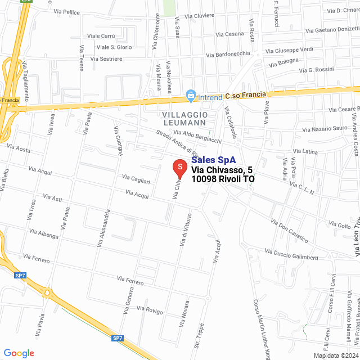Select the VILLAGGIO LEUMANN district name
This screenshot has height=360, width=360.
[x=185, y=119]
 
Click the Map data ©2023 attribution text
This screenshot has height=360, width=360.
[x=336, y=355]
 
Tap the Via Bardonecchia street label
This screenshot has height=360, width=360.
[x=228, y=55]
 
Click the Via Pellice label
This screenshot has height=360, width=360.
[x=66, y=11]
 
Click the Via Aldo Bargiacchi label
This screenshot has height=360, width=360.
[x=197, y=136]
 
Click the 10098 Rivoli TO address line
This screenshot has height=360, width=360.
[x=223, y=179]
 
